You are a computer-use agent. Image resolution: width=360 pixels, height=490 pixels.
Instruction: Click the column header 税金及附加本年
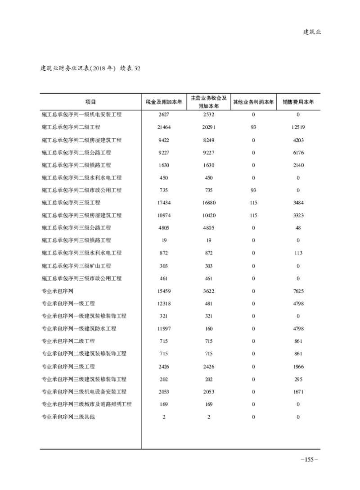point(163,102)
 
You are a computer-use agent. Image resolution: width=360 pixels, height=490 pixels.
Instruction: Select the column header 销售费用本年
point(298,102)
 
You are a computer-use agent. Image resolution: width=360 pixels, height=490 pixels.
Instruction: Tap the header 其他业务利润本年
point(253,102)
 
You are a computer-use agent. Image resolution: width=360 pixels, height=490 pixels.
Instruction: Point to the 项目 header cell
point(90,102)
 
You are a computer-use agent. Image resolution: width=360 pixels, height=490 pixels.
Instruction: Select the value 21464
point(163,127)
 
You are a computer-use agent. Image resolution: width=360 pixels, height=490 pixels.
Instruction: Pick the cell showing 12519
point(298,127)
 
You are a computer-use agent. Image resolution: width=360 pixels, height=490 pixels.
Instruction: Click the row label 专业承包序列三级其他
point(68,417)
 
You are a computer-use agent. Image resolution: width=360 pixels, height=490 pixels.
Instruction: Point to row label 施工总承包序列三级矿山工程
point(76,266)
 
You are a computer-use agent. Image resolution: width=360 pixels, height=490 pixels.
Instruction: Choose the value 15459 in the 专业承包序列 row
point(163,291)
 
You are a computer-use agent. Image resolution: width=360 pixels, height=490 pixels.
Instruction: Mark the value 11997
point(163,329)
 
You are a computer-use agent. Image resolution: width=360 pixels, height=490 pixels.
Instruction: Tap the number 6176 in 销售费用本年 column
point(298,153)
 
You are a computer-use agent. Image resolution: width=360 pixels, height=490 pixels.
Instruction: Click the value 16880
point(208,203)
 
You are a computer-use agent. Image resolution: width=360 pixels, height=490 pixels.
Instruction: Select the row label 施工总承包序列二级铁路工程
point(76,165)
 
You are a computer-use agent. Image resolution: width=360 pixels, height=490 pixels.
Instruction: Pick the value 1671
point(298,392)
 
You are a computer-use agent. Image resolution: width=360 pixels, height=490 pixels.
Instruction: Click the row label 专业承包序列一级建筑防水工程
point(79,329)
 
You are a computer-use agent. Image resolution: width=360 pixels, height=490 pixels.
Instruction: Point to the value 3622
point(208,291)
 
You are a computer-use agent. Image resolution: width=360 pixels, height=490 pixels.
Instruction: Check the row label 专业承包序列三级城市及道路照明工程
point(86,404)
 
